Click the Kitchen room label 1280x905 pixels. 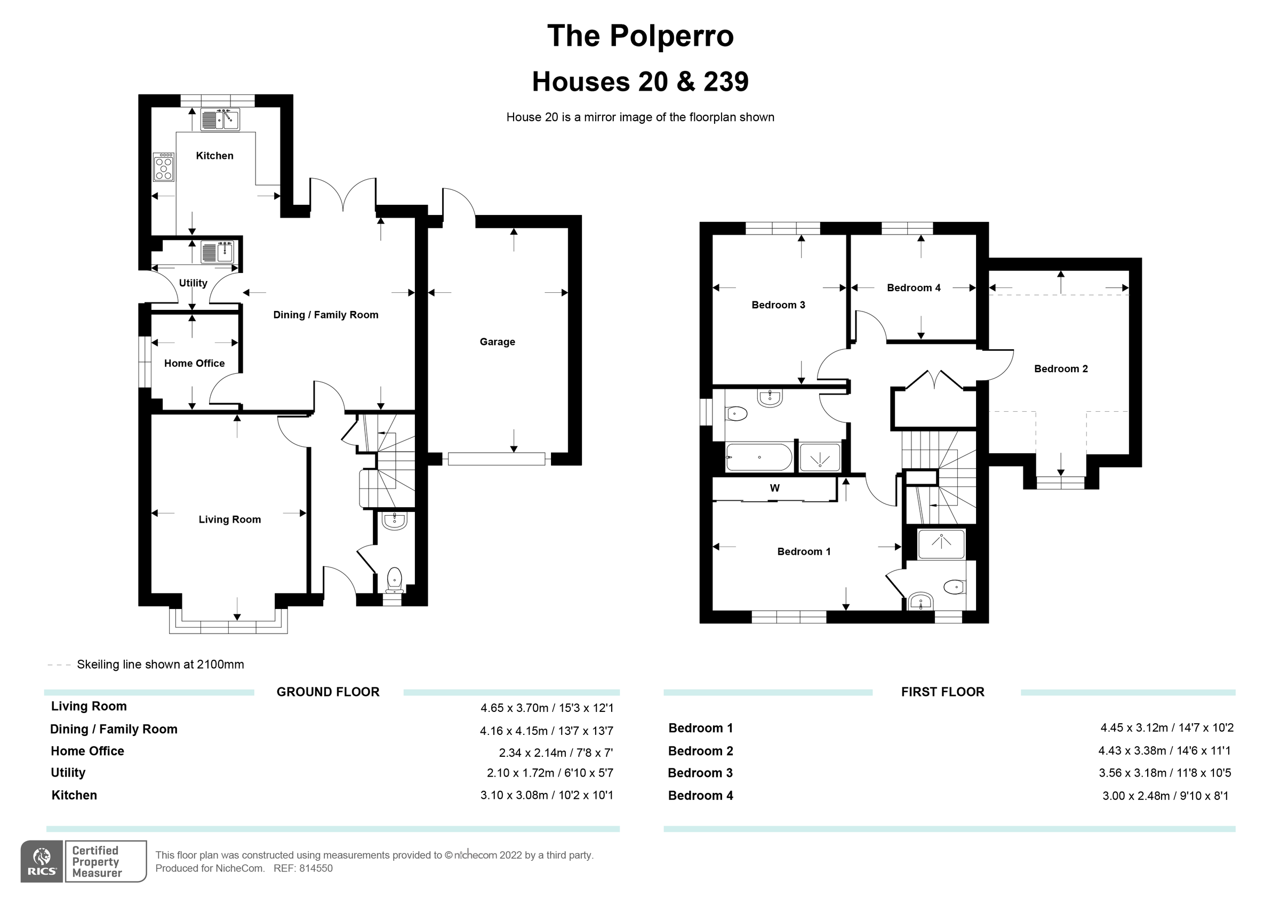pos(214,156)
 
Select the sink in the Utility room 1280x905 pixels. pos(218,252)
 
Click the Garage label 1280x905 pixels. pos(497,342)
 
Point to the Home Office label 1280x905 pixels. pos(194,364)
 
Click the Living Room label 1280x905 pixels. pos(230,519)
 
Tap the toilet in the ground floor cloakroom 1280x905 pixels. pos(394,580)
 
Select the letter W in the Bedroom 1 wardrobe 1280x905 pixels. pos(774,488)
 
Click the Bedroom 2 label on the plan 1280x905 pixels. pos(1060,369)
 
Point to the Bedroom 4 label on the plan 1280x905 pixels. pos(913,288)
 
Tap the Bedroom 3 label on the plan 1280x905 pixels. pos(778,305)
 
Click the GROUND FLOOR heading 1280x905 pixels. pos(328,692)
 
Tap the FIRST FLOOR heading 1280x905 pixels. pos(942,692)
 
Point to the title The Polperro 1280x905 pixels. pos(640,36)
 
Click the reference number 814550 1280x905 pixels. pos(316,868)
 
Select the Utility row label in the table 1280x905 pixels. pos(68,773)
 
